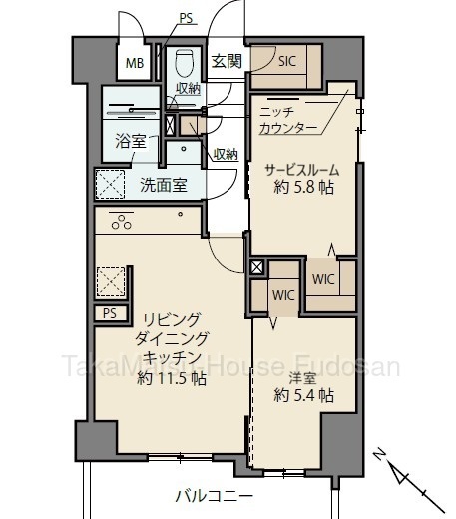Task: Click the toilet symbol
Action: [184, 63]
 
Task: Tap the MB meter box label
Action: [135, 63]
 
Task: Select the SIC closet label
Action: [286, 61]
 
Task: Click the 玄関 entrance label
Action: [227, 61]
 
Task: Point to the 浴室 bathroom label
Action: [131, 141]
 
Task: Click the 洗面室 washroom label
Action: [164, 185]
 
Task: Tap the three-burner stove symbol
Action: [121, 222]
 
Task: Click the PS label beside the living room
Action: [110, 313]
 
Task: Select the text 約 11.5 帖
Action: [172, 378]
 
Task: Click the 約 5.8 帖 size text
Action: [303, 188]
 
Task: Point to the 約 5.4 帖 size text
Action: [303, 395]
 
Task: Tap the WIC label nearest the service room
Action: [323, 279]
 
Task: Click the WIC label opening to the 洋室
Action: [283, 295]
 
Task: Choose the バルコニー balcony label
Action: [215, 497]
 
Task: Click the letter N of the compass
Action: [379, 454]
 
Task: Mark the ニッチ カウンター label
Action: [288, 120]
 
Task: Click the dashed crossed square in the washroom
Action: [110, 184]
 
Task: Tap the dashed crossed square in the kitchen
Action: [111, 282]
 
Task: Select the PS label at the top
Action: [186, 18]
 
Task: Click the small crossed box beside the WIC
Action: [256, 267]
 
